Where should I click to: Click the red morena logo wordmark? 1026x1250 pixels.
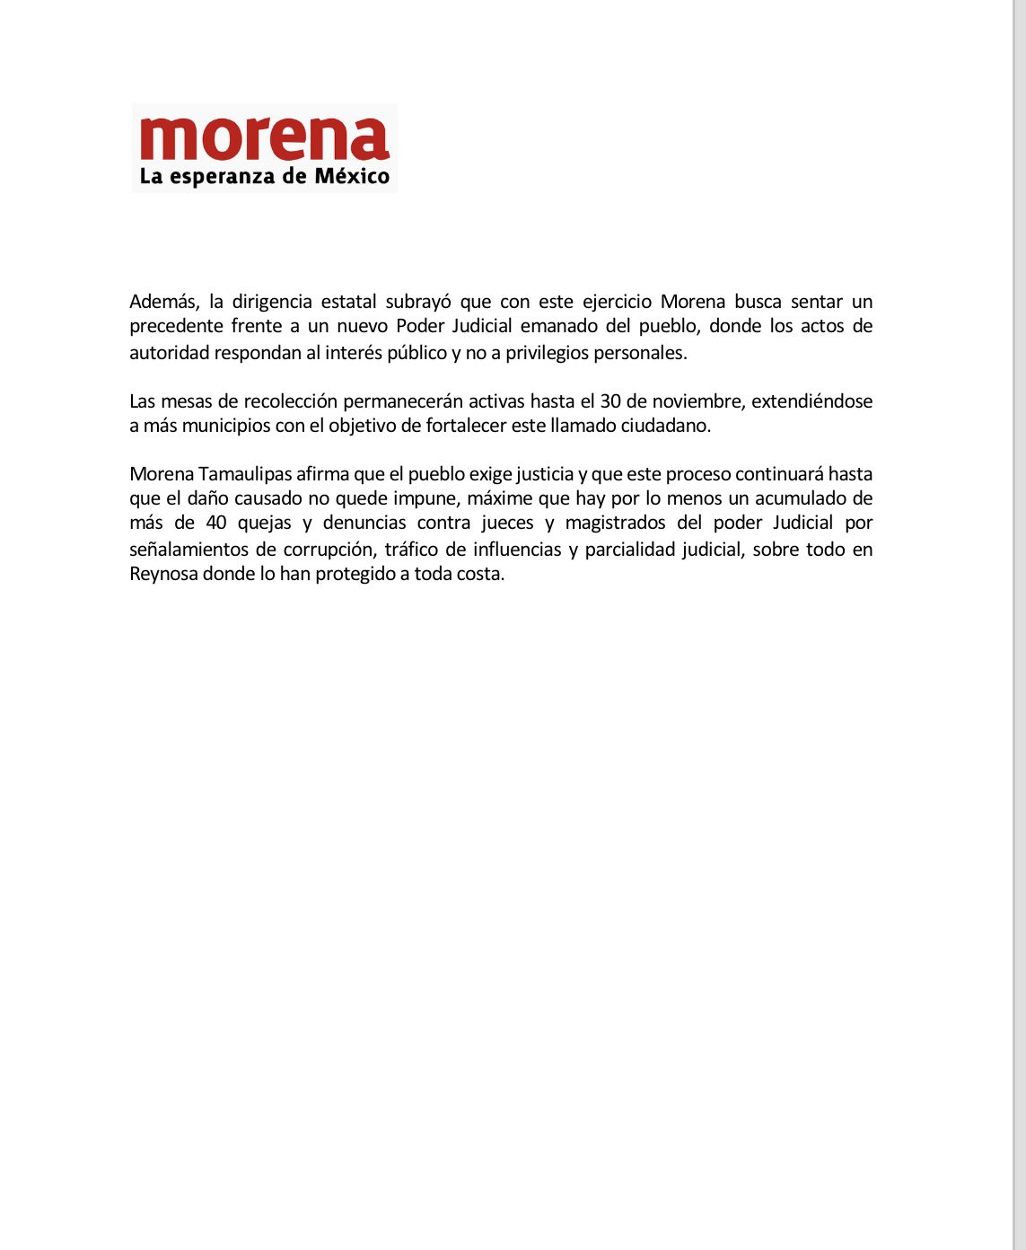tap(265, 138)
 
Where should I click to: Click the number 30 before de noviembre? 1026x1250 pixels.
tap(611, 401)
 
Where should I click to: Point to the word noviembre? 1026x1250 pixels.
tap(691, 401)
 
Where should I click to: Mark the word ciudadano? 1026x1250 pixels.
tap(665, 426)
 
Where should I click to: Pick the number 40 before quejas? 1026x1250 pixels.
tap(216, 523)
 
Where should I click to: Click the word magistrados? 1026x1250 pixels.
tap(616, 523)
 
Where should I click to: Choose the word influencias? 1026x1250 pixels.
tap(517, 550)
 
